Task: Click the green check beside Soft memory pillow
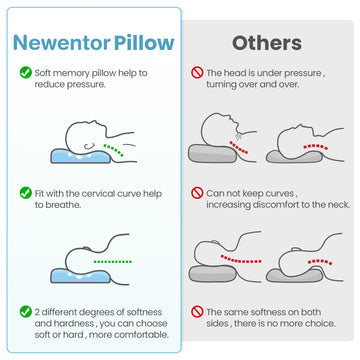[x=25, y=72]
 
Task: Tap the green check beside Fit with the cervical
[x=25, y=190]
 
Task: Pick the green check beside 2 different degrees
[x=25, y=312]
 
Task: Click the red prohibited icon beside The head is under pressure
[x=197, y=72]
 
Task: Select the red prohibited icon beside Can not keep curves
[x=197, y=190]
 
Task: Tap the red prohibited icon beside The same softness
[x=197, y=312]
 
